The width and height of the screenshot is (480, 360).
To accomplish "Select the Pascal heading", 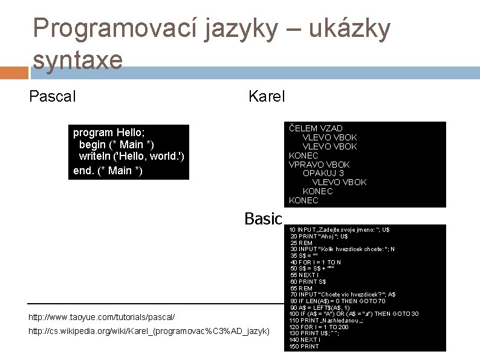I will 53,96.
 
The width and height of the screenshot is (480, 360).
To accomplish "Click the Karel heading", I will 267,96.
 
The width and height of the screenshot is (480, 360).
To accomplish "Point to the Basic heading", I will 263,218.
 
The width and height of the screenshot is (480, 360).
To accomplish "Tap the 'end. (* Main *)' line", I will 108,171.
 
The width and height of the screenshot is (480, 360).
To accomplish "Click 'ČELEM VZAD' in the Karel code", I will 316,128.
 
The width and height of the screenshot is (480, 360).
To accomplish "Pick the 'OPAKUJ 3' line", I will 323,173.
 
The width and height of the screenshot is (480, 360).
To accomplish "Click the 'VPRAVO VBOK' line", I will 319,165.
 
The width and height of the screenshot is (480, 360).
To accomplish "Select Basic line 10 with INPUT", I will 339,230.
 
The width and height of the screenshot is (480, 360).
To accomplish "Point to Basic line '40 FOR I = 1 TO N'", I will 316,262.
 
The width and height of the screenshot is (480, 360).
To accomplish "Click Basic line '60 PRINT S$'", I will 308,281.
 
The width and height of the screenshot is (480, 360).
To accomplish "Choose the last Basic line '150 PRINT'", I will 305,347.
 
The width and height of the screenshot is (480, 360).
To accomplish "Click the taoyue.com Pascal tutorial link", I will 102,317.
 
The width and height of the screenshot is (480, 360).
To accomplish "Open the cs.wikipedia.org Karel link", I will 149,332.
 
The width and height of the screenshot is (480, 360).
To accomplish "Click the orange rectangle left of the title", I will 14,73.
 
